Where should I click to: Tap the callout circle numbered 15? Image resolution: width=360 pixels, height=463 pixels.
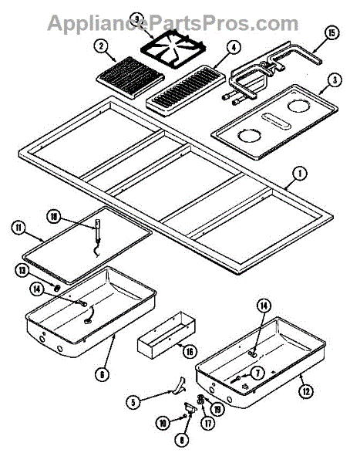[331, 32]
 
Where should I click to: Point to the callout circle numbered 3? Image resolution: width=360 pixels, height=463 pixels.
[334, 80]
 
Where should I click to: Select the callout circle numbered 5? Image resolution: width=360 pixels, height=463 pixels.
[134, 401]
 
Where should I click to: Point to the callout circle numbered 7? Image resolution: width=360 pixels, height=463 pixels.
[259, 373]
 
